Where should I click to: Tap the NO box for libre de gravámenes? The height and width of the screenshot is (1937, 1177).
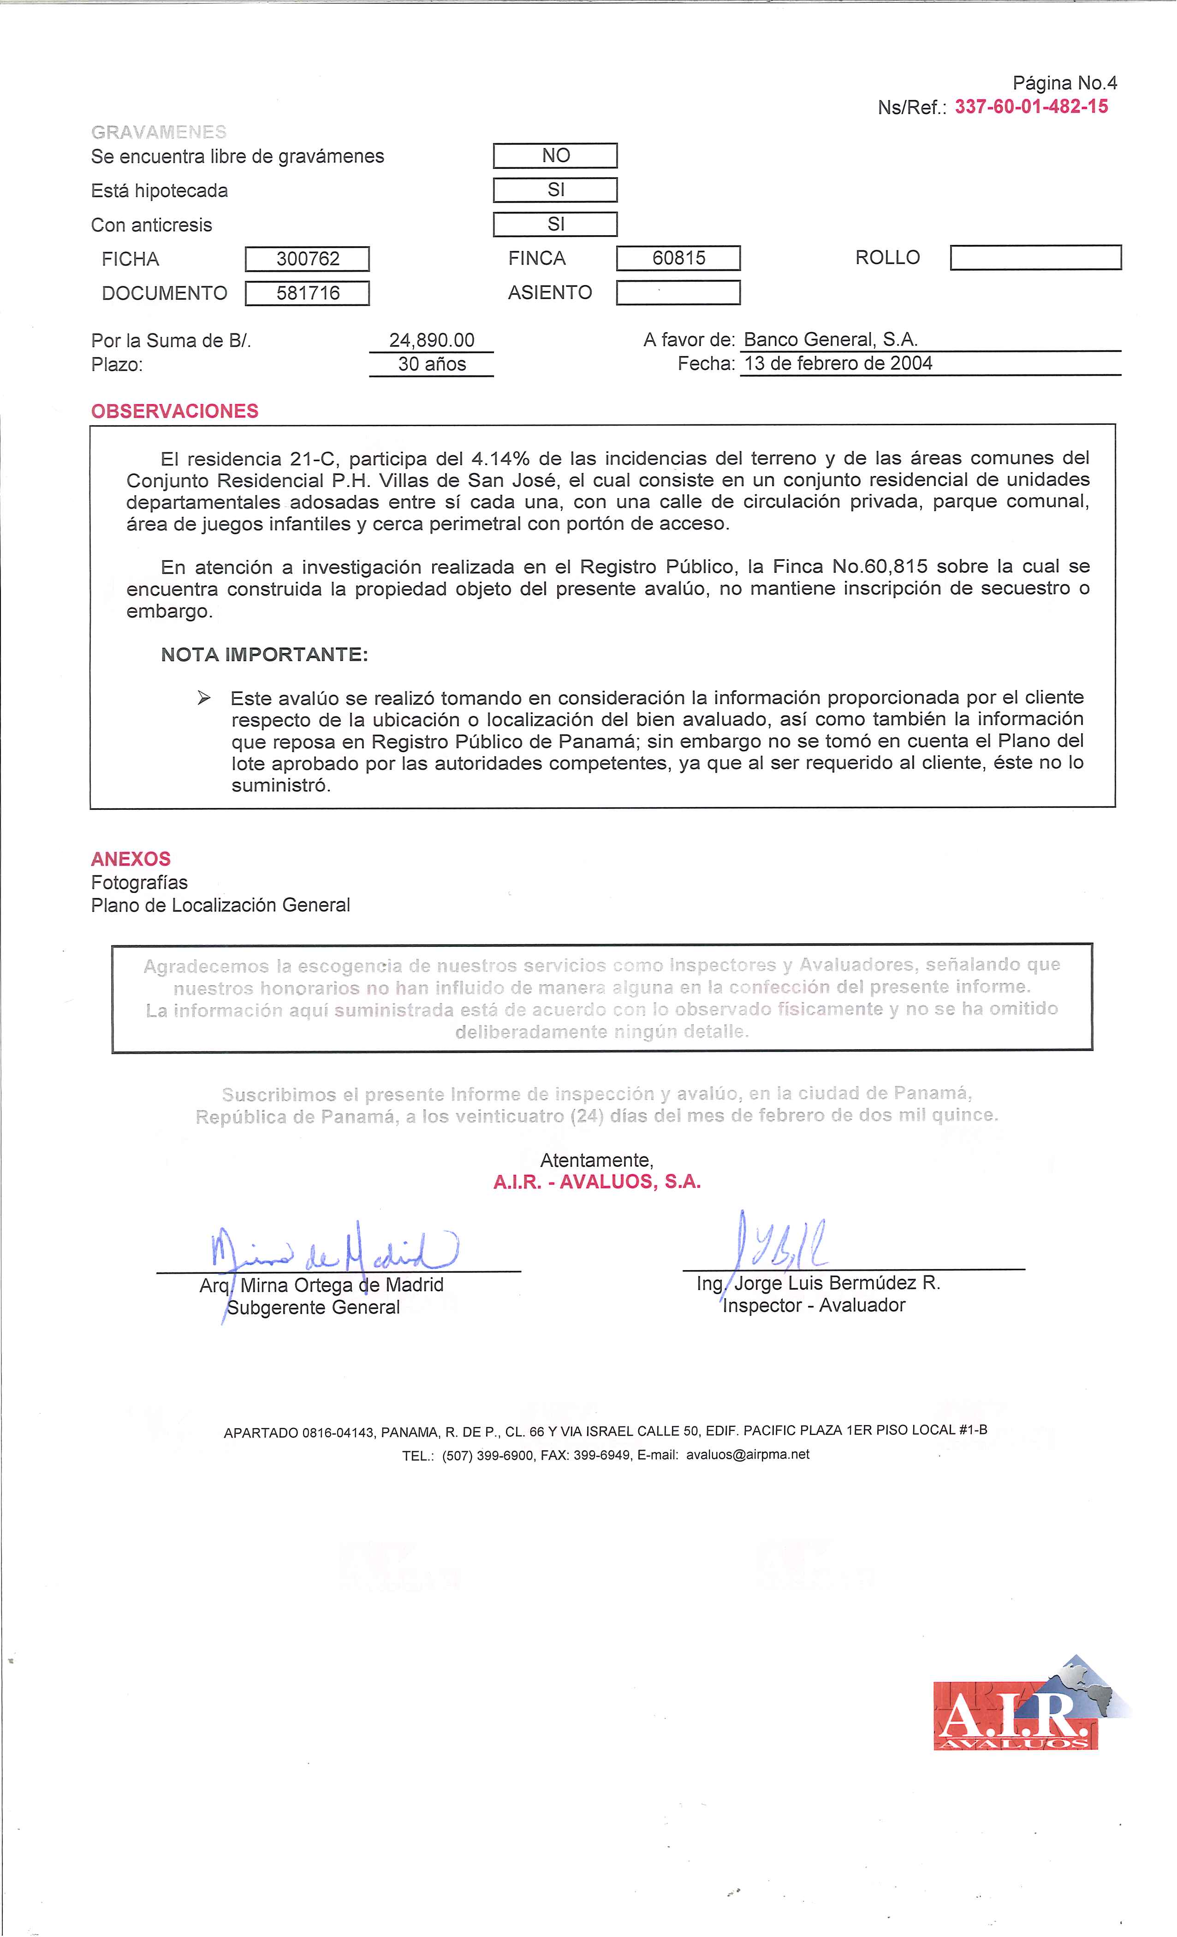[x=555, y=156]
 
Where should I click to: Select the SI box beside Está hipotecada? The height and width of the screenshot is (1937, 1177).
[x=555, y=190]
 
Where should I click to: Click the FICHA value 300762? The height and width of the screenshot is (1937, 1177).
[x=308, y=259]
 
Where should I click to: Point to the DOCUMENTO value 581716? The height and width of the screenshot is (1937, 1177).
[x=308, y=293]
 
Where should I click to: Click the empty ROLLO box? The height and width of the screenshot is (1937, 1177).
[x=1035, y=258]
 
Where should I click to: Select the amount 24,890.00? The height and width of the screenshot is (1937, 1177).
[x=432, y=340]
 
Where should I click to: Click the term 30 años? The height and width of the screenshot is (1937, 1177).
[x=432, y=364]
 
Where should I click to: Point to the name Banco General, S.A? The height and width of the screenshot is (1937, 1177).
[x=830, y=339]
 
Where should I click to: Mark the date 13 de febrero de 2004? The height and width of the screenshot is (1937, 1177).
[x=838, y=363]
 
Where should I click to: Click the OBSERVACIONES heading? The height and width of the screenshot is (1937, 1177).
[x=174, y=411]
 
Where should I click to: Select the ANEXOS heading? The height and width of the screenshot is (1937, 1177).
[x=131, y=858]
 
